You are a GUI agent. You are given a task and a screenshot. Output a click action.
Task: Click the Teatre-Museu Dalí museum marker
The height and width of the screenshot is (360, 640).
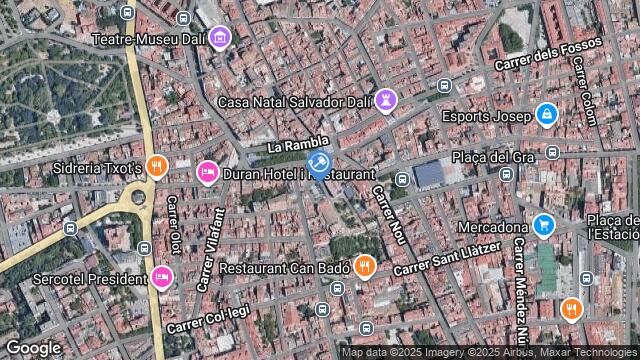pyautogui.click(x=220, y=39)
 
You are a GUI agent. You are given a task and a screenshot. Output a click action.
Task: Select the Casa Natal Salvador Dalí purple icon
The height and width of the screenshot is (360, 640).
pyautogui.click(x=387, y=101)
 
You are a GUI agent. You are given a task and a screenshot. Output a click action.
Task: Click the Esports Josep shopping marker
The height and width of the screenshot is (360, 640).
pyautogui.click(x=545, y=116)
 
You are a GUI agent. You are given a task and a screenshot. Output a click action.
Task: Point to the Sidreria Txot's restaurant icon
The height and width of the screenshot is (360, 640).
pyautogui.click(x=155, y=167)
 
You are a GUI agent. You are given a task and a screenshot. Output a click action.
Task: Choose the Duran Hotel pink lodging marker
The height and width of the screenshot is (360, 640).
pyautogui.click(x=207, y=173)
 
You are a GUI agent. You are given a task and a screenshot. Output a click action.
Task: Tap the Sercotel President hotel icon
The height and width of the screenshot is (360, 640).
pyautogui.click(x=161, y=277)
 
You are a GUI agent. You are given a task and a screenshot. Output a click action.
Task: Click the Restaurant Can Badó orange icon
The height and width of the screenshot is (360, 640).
pyautogui.click(x=365, y=267)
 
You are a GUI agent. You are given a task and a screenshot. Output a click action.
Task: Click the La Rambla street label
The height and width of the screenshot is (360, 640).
pyautogui.click(x=298, y=146)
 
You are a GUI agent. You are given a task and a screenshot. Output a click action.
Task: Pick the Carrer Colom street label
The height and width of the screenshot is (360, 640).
pyautogui.click(x=585, y=90)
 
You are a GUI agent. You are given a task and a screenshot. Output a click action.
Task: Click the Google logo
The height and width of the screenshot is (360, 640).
pyautogui.click(x=33, y=347)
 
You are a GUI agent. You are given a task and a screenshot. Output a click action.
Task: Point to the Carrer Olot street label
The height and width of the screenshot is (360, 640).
pyautogui.click(x=173, y=225)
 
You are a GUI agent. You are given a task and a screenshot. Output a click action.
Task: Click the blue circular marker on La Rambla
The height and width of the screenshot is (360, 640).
pyautogui.click(x=319, y=163)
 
